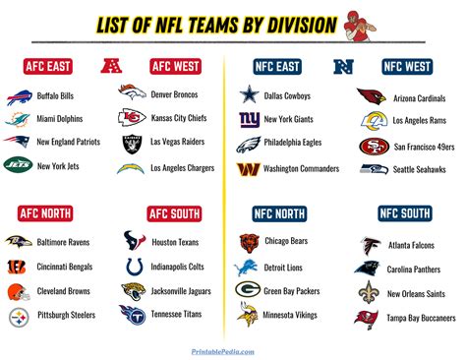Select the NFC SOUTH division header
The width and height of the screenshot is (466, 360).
[x=405, y=213]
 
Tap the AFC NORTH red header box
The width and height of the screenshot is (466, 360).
[x=47, y=213]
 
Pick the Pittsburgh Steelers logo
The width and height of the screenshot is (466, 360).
[x=18, y=316]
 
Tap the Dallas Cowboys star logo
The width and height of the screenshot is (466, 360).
[x=250, y=96]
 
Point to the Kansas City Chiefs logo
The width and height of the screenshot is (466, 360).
[x=133, y=119]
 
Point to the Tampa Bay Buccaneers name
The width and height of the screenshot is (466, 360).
[x=421, y=318]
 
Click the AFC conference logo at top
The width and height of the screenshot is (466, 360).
[x=110, y=68]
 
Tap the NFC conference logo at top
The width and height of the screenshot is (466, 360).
[x=344, y=68]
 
